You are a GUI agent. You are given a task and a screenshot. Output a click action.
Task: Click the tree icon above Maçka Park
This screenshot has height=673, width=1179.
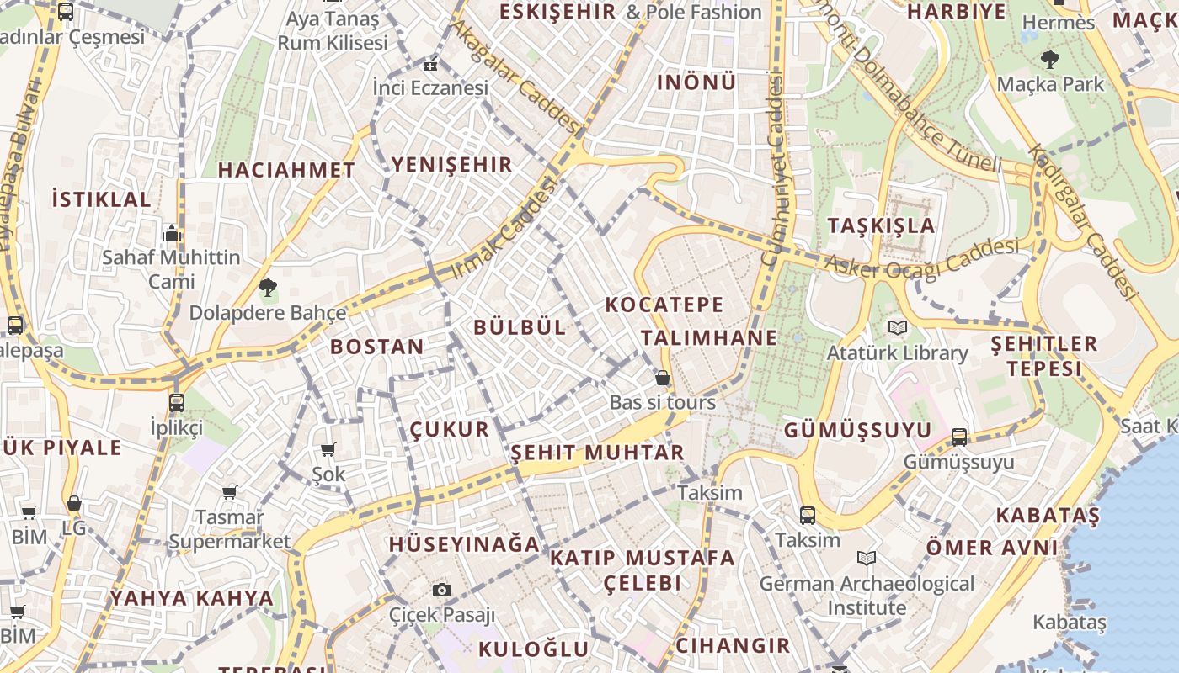[x=1049, y=60]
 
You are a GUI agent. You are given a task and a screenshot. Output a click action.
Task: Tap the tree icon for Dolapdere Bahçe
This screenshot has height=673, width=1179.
[x=268, y=288]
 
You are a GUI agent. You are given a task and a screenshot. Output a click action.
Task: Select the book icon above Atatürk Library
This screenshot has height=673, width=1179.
[x=897, y=327]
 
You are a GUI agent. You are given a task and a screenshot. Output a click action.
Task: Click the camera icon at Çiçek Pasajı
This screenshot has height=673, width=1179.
[x=442, y=590]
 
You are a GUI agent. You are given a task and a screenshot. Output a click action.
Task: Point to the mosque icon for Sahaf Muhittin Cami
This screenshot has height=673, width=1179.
[x=172, y=233]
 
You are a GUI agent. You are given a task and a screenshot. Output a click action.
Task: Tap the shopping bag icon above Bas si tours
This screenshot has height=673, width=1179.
[x=663, y=378]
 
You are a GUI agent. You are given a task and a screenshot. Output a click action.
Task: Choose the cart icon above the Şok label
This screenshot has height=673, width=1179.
[x=328, y=450]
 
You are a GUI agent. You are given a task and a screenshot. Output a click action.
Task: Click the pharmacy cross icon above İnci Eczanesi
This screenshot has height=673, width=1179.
[x=430, y=64]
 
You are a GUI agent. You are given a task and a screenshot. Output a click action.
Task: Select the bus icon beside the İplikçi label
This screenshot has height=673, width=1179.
[x=177, y=403]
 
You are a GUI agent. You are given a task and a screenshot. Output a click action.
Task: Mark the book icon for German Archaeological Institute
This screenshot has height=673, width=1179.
[x=867, y=558]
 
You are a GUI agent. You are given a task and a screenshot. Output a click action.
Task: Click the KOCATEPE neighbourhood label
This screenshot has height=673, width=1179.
[x=664, y=305]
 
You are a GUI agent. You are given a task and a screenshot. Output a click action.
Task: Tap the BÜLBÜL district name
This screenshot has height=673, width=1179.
[x=520, y=327]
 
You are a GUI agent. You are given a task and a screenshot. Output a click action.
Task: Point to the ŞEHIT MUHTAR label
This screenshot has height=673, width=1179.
[x=597, y=453]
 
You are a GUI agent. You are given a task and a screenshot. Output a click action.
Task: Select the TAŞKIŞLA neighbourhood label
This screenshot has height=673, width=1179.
[x=881, y=225]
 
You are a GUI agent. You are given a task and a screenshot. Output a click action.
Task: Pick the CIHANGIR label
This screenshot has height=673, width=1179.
[x=733, y=646]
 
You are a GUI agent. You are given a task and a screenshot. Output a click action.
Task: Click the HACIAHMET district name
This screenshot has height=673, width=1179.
[x=286, y=170]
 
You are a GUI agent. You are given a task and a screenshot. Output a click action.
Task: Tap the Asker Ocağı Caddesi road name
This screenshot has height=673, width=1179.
[x=921, y=257]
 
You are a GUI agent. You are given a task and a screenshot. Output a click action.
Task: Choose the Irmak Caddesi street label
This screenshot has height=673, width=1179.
[x=506, y=229]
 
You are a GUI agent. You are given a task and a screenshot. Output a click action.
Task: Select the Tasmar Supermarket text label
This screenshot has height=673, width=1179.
[x=230, y=529]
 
